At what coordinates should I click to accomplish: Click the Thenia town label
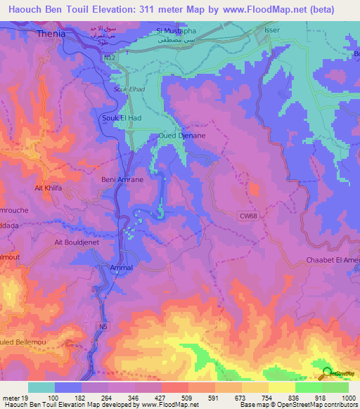click(x=51, y=32)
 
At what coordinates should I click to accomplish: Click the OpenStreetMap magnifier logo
click(x=326, y=373)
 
